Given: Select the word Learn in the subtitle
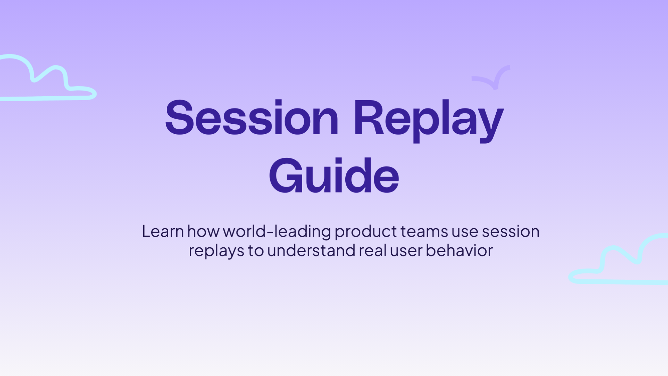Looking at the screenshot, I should point(163,231).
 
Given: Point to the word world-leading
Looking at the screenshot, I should point(277,231).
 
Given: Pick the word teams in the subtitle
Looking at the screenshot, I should point(424,231).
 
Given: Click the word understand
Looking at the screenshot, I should point(311,250).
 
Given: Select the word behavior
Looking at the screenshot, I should point(459,250).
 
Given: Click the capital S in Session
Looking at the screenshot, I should point(179,118).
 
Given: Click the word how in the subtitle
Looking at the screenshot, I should point(203,231).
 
